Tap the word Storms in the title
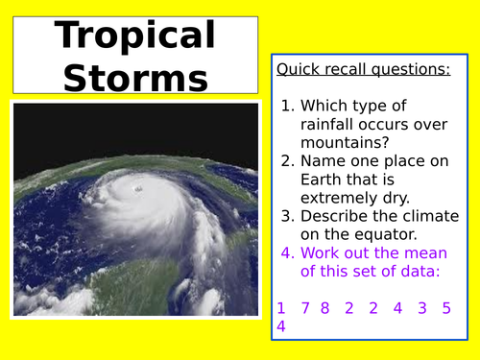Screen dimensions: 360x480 tap(135, 76)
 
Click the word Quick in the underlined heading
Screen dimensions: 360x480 tap(297, 69)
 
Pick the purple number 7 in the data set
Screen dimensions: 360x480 tap(305, 308)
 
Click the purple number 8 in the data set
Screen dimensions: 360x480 tap(324, 308)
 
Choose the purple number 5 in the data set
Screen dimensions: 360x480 tap(446, 308)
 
